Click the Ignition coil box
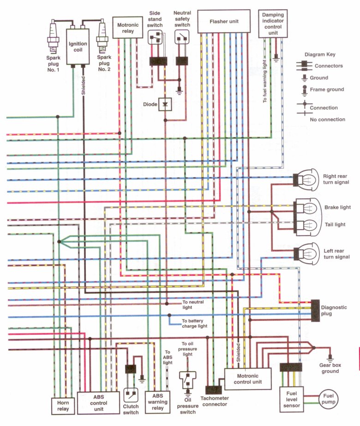(78, 46)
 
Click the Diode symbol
(165, 105)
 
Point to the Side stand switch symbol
(155, 38)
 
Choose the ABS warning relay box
(157, 401)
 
